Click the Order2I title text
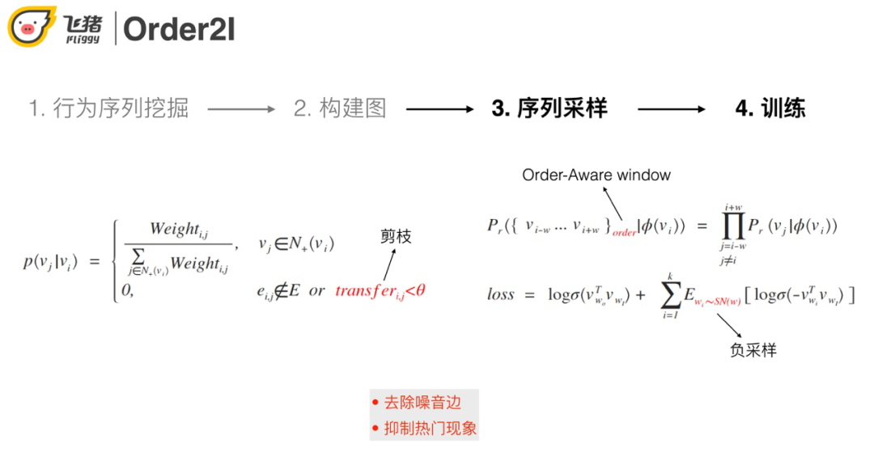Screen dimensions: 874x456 click(x=179, y=29)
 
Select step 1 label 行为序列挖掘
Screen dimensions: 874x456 click(x=108, y=109)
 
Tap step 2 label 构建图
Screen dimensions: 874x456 click(x=340, y=109)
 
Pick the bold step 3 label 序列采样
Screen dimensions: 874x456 click(x=549, y=109)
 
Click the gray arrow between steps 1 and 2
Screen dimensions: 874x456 click(x=242, y=109)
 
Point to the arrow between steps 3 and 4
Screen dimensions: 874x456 click(x=671, y=109)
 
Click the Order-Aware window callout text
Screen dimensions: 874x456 click(x=596, y=175)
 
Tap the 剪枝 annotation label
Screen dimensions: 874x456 click(x=396, y=237)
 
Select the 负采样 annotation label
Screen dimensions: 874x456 click(x=753, y=351)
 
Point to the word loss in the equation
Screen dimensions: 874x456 click(x=501, y=294)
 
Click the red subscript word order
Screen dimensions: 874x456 click(x=625, y=233)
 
